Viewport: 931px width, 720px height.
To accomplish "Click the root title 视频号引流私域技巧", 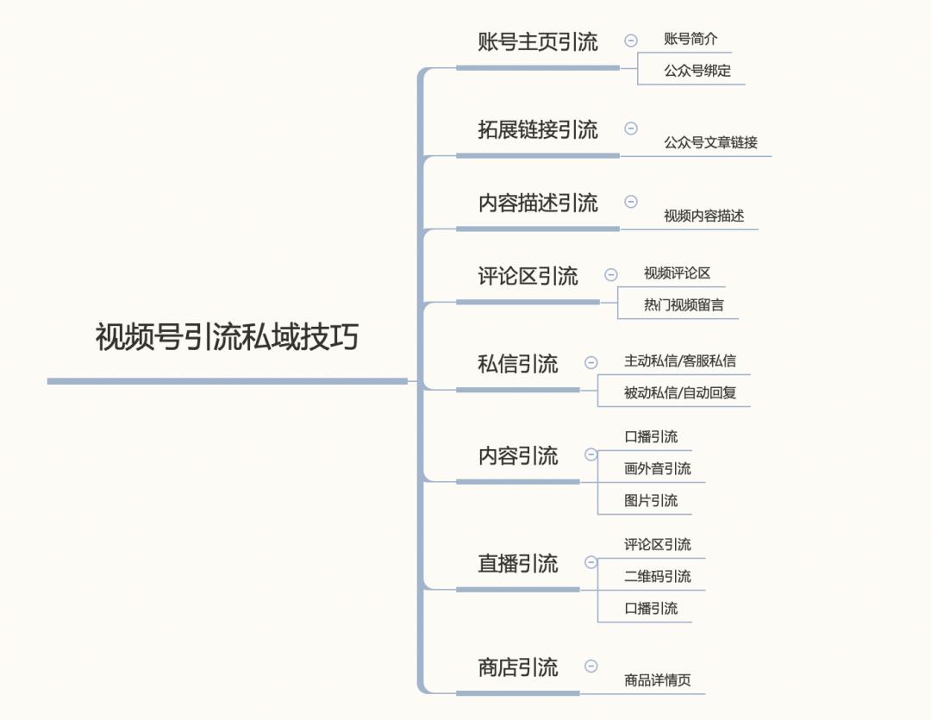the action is click(x=227, y=337).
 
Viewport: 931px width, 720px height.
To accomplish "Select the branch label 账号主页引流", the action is click(x=538, y=42).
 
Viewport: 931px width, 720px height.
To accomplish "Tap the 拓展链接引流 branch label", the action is click(x=538, y=129).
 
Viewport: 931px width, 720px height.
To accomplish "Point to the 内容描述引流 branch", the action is click(x=538, y=203).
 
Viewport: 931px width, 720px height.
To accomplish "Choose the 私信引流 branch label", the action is click(x=518, y=364).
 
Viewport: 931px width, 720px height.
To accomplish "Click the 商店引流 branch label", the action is click(x=518, y=667).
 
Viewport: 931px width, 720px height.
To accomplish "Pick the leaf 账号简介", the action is click(x=690, y=39).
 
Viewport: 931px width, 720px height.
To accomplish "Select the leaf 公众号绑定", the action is click(x=697, y=71).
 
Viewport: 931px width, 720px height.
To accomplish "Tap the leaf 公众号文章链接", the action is click(x=710, y=142).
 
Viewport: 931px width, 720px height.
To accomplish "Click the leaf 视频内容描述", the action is click(x=703, y=216).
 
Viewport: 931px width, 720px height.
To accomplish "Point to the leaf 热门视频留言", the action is click(x=684, y=305).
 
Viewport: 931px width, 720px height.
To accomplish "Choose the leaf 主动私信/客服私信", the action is click(x=680, y=360).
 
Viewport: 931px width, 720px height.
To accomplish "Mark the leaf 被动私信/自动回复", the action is click(x=680, y=392).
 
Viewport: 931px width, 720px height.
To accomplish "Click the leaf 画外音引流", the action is click(x=657, y=469).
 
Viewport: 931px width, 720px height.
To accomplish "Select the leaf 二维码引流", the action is click(x=657, y=576).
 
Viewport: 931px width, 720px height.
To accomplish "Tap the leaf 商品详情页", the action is click(x=657, y=680).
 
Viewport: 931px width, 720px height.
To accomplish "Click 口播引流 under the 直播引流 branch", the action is click(x=651, y=608).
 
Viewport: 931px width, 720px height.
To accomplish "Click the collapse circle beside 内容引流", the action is click(x=590, y=455).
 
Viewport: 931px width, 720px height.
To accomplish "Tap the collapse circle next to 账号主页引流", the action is click(x=630, y=41).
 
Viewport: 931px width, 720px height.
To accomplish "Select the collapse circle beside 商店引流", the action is click(x=590, y=666).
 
